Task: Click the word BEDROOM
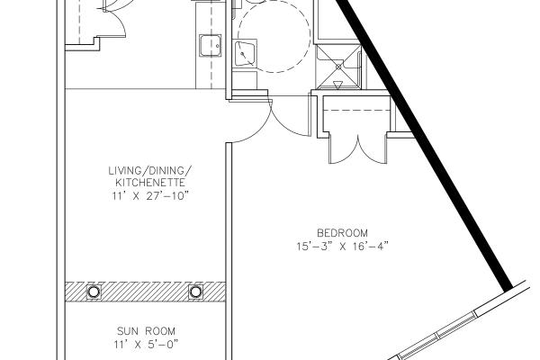(x=342, y=233)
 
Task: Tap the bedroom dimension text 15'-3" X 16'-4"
(x=342, y=247)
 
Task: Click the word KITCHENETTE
(x=150, y=183)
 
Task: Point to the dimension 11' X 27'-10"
(x=150, y=196)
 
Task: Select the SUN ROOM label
(x=146, y=331)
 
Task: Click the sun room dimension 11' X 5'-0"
(x=147, y=344)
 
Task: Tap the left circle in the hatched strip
(x=94, y=292)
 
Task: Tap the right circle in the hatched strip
(x=195, y=292)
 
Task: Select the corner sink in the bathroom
(x=245, y=53)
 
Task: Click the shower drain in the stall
(x=339, y=67)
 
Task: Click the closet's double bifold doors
(x=358, y=148)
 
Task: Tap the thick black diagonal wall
(x=424, y=145)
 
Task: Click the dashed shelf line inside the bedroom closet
(x=356, y=110)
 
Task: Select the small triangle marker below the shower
(x=338, y=85)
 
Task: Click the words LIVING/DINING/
(x=150, y=170)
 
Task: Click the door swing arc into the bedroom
(x=290, y=121)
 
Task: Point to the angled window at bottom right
(x=462, y=321)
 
